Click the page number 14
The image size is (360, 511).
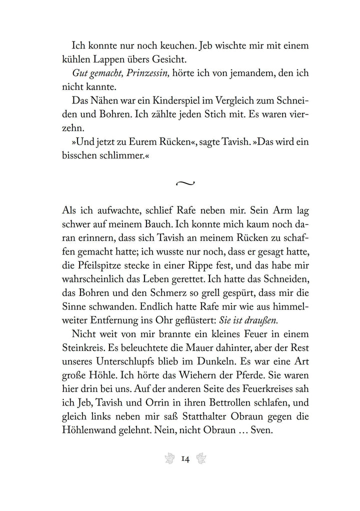[185, 459]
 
